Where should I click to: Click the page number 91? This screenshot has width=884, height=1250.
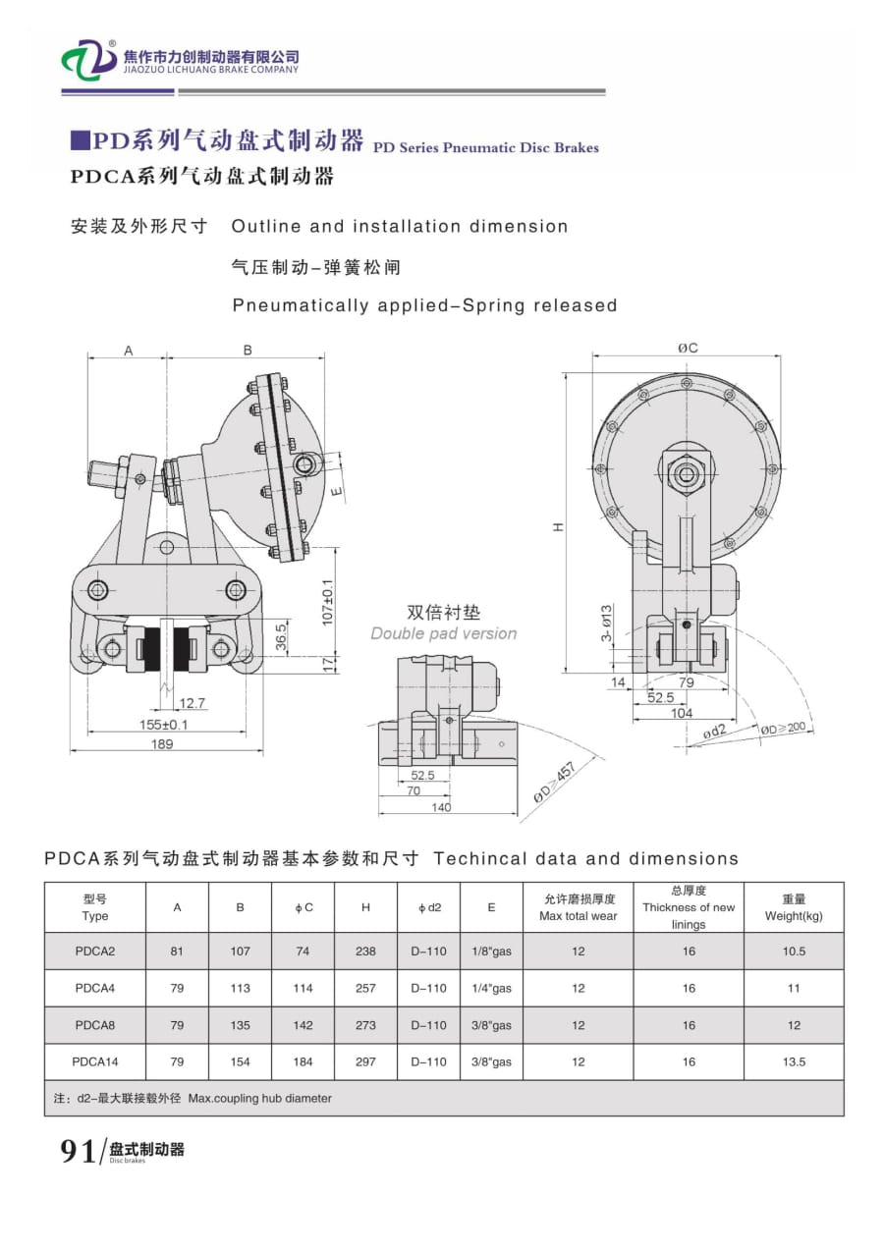[78, 1151]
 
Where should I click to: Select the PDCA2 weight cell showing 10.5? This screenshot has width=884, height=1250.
[794, 951]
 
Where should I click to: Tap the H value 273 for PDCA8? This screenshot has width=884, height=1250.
[365, 1025]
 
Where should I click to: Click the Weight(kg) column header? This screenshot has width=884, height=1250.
[794, 906]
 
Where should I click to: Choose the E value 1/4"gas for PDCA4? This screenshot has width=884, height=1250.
[491, 988]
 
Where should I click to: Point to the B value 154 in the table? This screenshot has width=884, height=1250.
[240, 1061]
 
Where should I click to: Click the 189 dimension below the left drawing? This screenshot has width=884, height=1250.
[162, 744]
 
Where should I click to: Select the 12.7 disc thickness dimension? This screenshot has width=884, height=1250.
[193, 702]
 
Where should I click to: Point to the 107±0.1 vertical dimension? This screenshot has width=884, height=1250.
[328, 602]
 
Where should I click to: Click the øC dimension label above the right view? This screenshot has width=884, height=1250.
[687, 348]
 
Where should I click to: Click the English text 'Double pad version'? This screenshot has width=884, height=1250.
[443, 633]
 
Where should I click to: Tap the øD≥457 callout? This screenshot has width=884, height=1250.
[553, 783]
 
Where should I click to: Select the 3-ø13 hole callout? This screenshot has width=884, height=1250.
[607, 623]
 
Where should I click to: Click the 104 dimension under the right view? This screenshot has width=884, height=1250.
[680, 713]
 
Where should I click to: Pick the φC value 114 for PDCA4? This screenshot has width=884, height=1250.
[303, 988]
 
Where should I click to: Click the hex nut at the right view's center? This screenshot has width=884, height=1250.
[686, 475]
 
